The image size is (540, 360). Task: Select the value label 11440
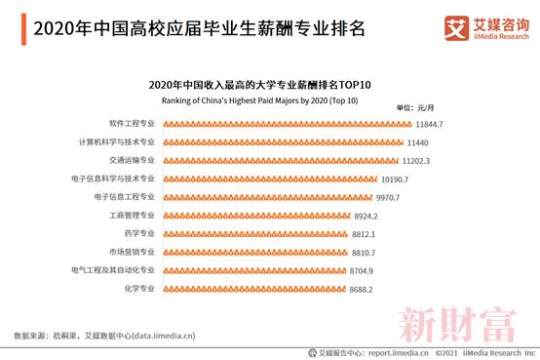[x=418, y=142]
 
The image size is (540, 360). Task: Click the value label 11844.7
[x=429, y=124]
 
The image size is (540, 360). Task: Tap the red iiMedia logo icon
[x=456, y=26]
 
